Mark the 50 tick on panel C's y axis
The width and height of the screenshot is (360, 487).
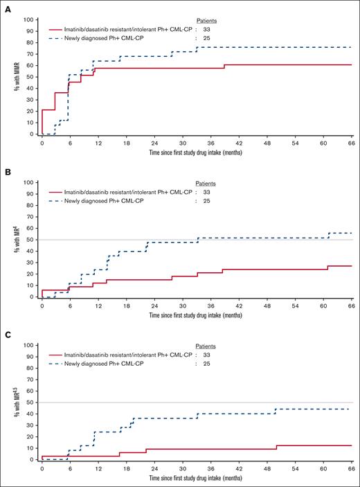28,402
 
